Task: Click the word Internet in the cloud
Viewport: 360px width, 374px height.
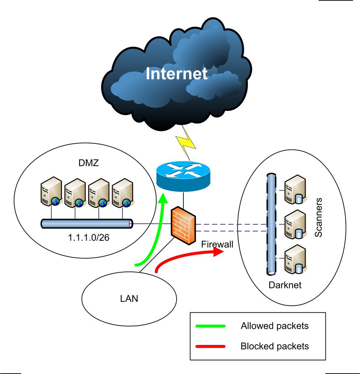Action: click(x=176, y=74)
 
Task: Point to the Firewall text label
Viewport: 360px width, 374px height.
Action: click(x=217, y=244)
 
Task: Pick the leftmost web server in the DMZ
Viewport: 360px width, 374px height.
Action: click(x=51, y=193)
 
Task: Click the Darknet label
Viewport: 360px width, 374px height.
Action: click(x=285, y=285)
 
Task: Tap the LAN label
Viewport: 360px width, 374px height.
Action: click(x=129, y=299)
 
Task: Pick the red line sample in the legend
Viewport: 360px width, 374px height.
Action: click(x=210, y=346)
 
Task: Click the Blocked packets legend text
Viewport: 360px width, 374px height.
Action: click(x=274, y=346)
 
